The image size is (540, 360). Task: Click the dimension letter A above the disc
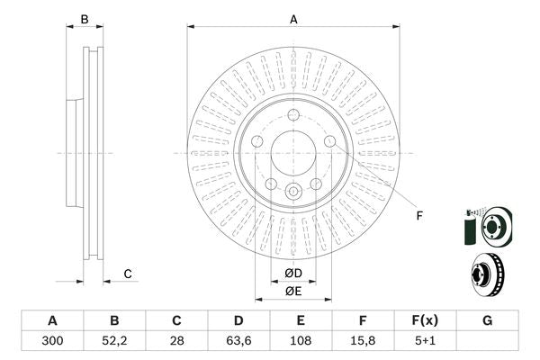pyautogui.click(x=293, y=19)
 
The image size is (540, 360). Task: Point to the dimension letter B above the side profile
pyautogui.click(x=85, y=19)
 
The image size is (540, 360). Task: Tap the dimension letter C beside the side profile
pyautogui.click(x=128, y=274)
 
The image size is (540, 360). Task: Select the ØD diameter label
pyautogui.click(x=293, y=273)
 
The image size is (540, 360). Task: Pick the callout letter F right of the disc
pyautogui.click(x=418, y=215)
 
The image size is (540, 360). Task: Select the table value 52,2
pyautogui.click(x=114, y=340)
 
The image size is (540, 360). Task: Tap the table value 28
pyautogui.click(x=176, y=340)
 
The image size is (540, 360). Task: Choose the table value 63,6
pyautogui.click(x=238, y=340)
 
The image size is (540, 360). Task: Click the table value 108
pyautogui.click(x=301, y=340)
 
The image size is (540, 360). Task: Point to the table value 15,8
pyautogui.click(x=363, y=340)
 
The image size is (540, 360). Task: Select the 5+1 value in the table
pyautogui.click(x=425, y=340)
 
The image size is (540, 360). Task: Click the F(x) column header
pyautogui.click(x=425, y=320)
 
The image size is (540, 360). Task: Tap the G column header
pyautogui.click(x=487, y=320)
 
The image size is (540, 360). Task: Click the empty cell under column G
pyautogui.click(x=487, y=340)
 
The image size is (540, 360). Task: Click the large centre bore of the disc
pyautogui.click(x=293, y=152)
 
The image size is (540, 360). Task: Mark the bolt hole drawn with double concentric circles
pyautogui.click(x=293, y=192)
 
